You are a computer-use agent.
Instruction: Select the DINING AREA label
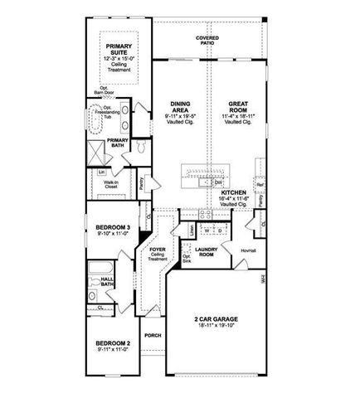click(180, 107)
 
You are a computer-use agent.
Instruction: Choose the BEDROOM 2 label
click(113, 343)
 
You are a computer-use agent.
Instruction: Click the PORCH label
click(152, 336)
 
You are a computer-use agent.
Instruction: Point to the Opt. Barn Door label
click(105, 90)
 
